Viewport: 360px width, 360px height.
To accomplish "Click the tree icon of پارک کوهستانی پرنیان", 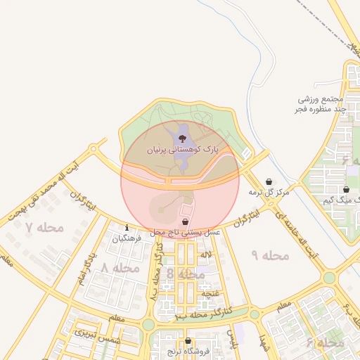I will pyautogui.click(x=182, y=138).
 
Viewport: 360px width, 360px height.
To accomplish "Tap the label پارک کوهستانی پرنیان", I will pyautogui.click(x=183, y=150).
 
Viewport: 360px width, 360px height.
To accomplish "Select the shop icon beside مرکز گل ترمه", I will pyautogui.click(x=269, y=181).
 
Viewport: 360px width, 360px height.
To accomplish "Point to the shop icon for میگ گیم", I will pyautogui.click(x=347, y=189).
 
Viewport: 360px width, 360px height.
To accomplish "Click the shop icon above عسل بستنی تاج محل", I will pyautogui.click(x=184, y=221).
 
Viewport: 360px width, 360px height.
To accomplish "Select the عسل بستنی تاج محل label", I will pyautogui.click(x=184, y=231).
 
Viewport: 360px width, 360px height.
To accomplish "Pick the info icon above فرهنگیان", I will pyautogui.click(x=127, y=229).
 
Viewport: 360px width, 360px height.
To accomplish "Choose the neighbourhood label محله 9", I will pyautogui.click(x=270, y=255).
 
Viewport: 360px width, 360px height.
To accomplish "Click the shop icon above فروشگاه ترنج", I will pyautogui.click(x=187, y=341).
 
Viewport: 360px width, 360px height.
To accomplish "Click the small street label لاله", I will pyautogui.click(x=205, y=254).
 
